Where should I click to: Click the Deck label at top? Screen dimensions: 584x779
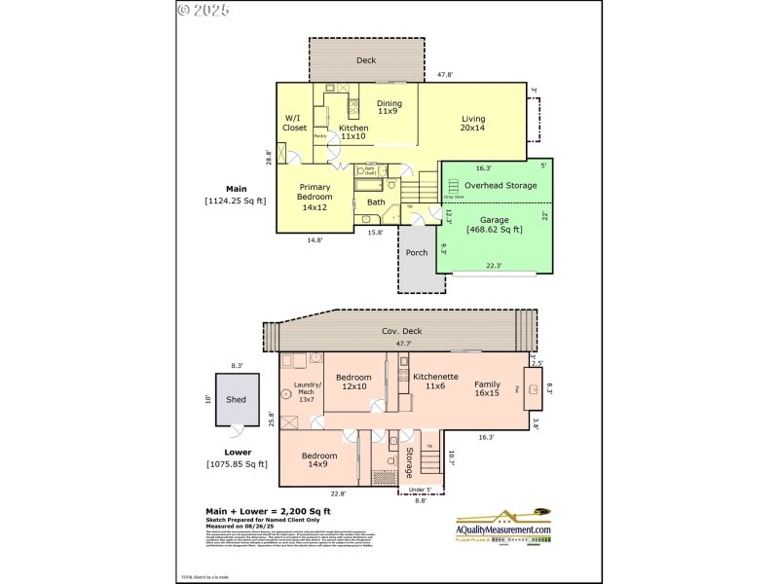click(366, 60)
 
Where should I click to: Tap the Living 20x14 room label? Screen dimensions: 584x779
click(473, 124)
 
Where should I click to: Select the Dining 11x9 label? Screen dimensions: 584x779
click(389, 107)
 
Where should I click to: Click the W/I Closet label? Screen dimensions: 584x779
click(294, 123)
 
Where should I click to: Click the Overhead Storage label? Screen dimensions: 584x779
click(500, 185)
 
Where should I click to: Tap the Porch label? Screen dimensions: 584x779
click(417, 253)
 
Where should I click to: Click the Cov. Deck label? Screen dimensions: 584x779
click(395, 331)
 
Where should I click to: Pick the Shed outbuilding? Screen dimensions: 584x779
click(237, 399)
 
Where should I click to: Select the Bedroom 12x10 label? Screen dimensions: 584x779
click(353, 383)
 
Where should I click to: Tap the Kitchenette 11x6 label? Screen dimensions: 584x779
click(429, 381)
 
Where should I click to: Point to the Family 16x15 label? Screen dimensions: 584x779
click(487, 388)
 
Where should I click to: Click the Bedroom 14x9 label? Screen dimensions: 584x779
click(319, 460)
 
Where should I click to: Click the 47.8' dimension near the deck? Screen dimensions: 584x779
click(446, 75)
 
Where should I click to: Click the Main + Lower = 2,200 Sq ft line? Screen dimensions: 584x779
click(267, 511)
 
